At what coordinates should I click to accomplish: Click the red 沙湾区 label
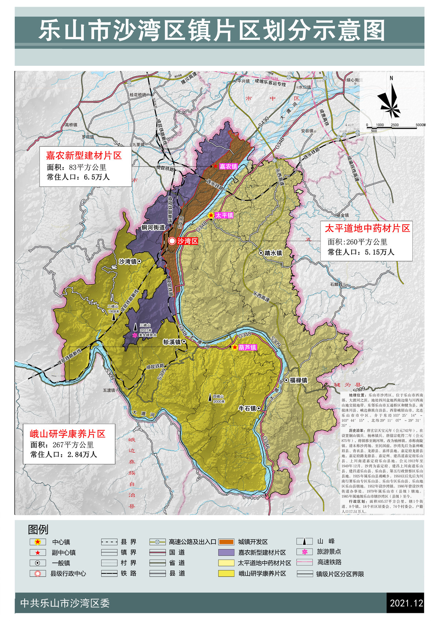(x=188, y=241)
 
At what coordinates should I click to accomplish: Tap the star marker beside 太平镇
(x=211, y=216)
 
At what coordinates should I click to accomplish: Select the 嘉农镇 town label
(x=229, y=166)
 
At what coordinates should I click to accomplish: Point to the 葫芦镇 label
(x=248, y=347)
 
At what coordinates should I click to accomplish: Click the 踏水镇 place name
(x=274, y=253)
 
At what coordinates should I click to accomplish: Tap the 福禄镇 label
(x=299, y=380)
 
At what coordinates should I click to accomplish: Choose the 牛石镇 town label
(x=247, y=408)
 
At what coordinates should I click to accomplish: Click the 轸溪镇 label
(x=172, y=342)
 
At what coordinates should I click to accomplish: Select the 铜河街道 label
(x=153, y=227)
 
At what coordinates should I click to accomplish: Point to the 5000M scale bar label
(x=420, y=125)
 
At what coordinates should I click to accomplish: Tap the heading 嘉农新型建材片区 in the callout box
(x=84, y=156)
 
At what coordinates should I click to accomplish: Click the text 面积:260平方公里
(x=357, y=242)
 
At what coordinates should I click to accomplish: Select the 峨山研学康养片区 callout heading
(x=68, y=434)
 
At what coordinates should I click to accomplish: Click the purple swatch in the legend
(x=226, y=552)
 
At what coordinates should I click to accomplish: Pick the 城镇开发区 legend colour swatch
(x=226, y=542)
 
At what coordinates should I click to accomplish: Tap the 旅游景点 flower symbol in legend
(x=304, y=552)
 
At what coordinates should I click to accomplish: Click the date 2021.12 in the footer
(x=406, y=603)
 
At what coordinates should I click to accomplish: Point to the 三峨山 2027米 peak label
(x=145, y=328)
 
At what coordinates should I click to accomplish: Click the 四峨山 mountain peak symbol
(x=210, y=397)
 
